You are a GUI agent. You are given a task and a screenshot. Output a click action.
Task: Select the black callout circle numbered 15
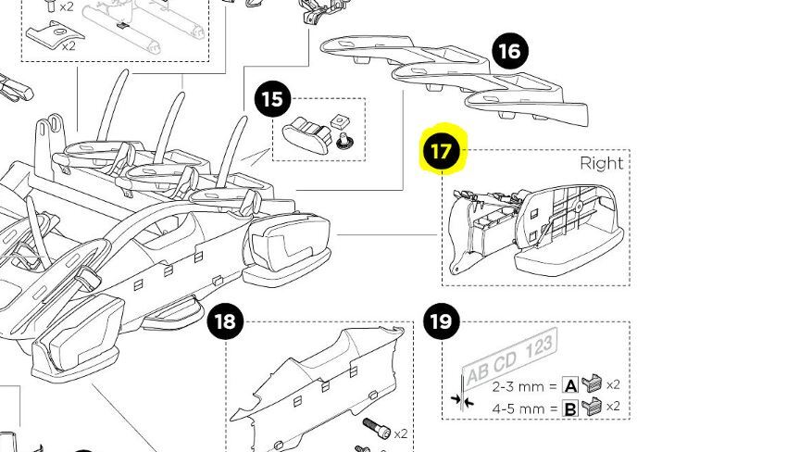pyautogui.click(x=271, y=100)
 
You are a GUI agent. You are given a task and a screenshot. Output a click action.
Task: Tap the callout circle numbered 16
pyautogui.click(x=508, y=51)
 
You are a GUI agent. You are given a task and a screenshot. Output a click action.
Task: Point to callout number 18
pyautogui.click(x=224, y=322)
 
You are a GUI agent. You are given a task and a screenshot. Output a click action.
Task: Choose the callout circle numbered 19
pyautogui.click(x=442, y=322)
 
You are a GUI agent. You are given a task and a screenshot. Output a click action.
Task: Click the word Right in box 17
pyautogui.click(x=601, y=163)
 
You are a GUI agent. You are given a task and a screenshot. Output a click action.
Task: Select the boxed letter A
pyautogui.click(x=570, y=386)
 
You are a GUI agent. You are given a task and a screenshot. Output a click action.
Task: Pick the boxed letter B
pyautogui.click(x=570, y=408)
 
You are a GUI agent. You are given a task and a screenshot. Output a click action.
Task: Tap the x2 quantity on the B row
pyautogui.click(x=613, y=407)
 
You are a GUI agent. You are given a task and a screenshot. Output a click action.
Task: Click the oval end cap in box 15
pyautogui.click(x=306, y=133)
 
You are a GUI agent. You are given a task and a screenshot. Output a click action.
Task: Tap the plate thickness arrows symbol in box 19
pyautogui.click(x=463, y=400)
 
